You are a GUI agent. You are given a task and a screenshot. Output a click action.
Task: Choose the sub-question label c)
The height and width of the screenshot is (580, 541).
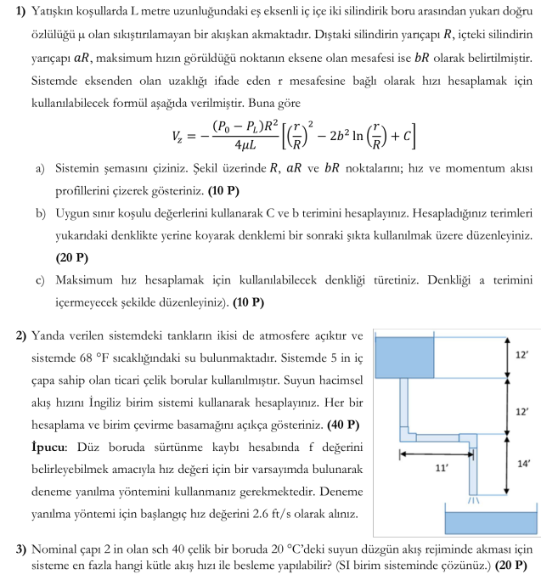click(x=41, y=278)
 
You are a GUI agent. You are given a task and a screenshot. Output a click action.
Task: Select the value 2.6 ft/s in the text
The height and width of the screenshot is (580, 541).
click(x=305, y=515)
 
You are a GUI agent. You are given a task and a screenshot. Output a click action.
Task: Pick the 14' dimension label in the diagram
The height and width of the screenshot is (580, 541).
click(x=523, y=464)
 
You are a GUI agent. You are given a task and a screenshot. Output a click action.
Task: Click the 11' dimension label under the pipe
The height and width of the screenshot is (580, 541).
click(x=442, y=467)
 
